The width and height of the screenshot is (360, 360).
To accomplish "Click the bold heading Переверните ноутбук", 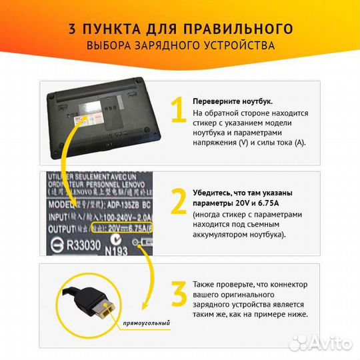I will (x=232, y=101).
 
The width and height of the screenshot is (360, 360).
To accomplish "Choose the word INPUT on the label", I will (x=63, y=217).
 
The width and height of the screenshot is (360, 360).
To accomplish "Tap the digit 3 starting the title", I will (x=71, y=29).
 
